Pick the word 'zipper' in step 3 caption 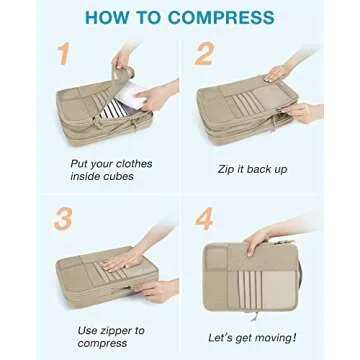point(122,328)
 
